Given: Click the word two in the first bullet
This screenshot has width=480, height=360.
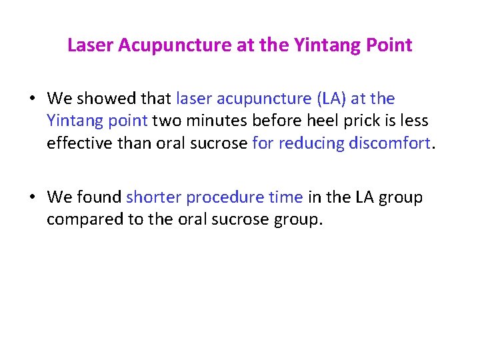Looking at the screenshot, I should (167, 121).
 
